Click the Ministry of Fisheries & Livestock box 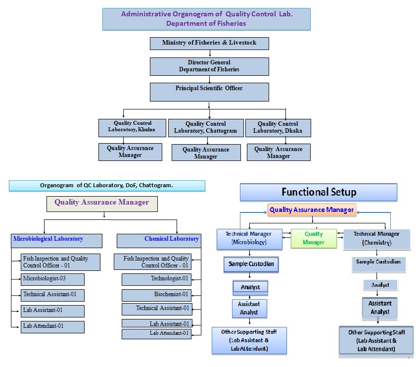pos(209,43)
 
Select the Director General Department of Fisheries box pos(209,66)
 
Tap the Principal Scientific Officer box pos(209,92)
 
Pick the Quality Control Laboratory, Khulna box pos(131,127)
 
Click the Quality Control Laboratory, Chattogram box pos(206,128)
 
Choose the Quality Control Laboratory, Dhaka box pos(278,128)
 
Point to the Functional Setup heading pos(319,192)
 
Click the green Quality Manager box pos(314,238)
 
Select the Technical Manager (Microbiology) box pos(249,239)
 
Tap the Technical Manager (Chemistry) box pos(377,239)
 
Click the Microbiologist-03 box pos(53,279)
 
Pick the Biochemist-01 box pos(157,295)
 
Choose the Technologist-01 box pos(157,279)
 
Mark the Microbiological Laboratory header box pos(57,241)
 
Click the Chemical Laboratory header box pos(159,241)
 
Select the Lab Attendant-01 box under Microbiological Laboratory pos(53,327)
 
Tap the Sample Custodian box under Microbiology pos(251,265)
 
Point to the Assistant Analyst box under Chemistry pos(379,308)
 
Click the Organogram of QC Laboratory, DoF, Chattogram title pos(107,186)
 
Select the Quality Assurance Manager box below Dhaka pos(279,153)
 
